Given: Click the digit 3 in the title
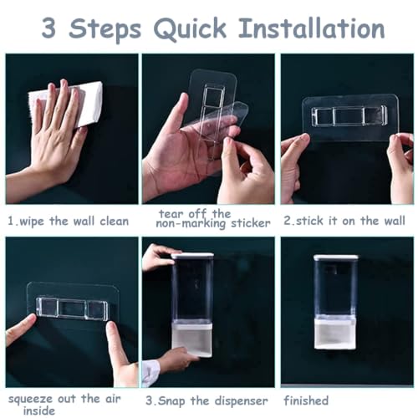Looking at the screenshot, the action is click(48, 28).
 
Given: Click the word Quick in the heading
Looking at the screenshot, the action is click(190, 28).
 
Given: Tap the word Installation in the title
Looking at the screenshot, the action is click(311, 28).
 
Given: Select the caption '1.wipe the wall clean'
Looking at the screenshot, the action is click(69, 222).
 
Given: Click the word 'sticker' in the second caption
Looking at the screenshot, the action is click(251, 223).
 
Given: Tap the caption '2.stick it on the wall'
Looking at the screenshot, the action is click(344, 221).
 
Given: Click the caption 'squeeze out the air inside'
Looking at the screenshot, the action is click(64, 405).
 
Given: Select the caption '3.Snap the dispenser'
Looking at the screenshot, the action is click(206, 401).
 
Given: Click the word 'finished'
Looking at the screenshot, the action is click(306, 400).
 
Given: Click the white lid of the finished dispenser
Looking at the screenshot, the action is click(336, 257).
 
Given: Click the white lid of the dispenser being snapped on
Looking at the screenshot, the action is click(192, 255).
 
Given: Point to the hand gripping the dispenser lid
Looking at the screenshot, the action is click(157, 257).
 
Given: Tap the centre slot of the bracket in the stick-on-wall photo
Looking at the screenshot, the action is click(349, 116).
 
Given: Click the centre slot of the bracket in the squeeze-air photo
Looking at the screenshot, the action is click(72, 308).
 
